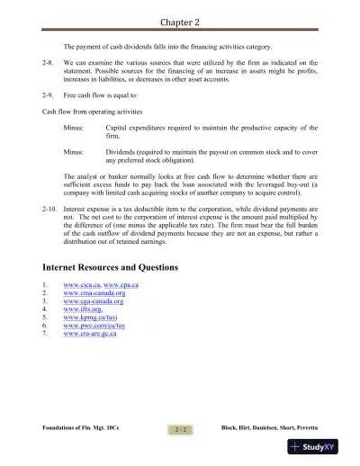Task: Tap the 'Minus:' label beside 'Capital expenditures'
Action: [75, 129]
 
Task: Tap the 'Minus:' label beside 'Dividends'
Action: [75, 154]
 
